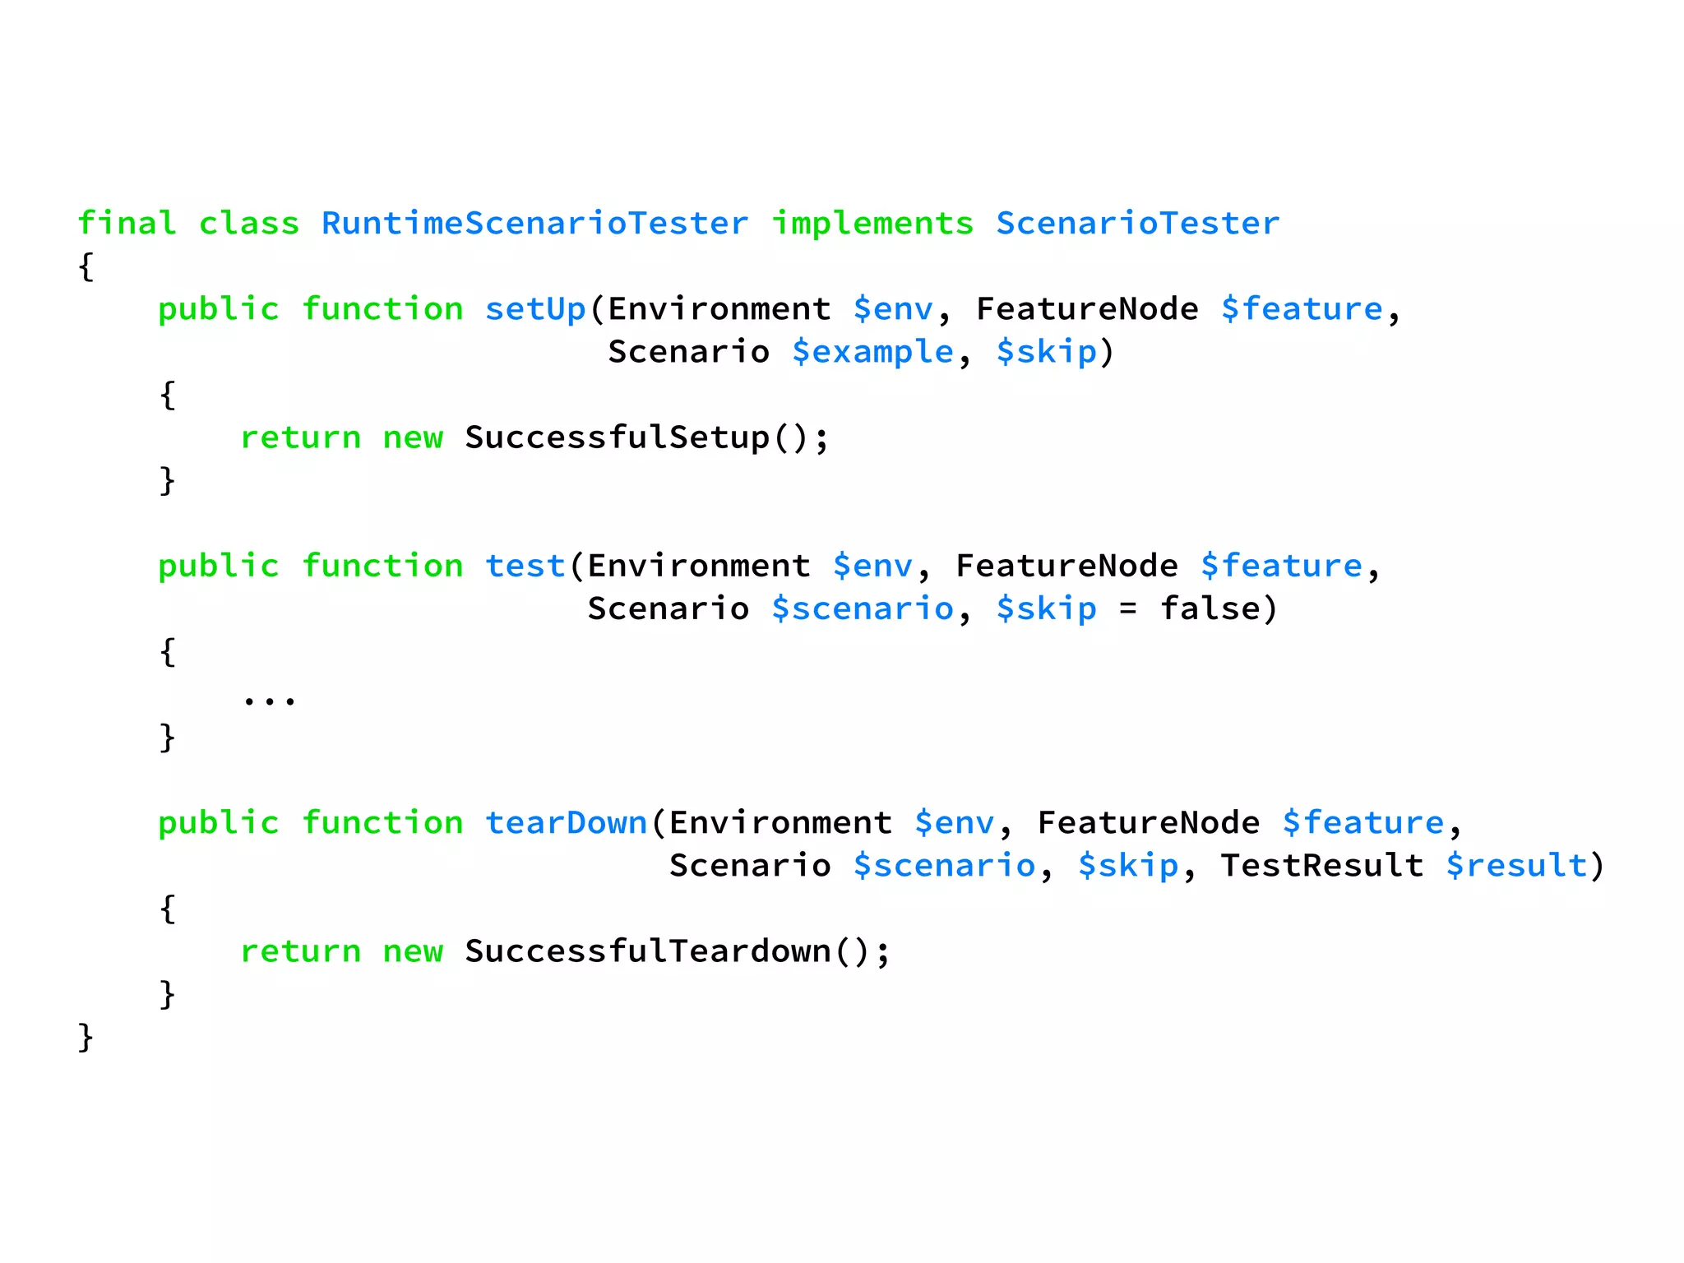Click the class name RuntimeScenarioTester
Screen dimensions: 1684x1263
click(x=534, y=224)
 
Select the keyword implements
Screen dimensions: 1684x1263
click(x=872, y=224)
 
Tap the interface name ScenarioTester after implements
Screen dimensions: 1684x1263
click(x=1138, y=224)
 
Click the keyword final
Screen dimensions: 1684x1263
click(x=127, y=224)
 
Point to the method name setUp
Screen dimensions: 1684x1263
click(x=534, y=309)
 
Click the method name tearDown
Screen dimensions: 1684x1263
click(x=566, y=823)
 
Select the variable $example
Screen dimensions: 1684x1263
click(x=872, y=353)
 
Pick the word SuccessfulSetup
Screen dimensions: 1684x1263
click(x=617, y=437)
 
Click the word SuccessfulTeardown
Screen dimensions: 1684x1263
click(x=648, y=951)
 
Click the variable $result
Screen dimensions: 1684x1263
click(x=1516, y=866)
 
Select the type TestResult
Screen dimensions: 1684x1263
click(x=1322, y=866)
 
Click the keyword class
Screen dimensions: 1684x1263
click(x=249, y=224)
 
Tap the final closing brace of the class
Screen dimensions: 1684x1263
click(x=86, y=1038)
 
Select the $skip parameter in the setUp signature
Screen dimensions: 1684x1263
click(x=1046, y=353)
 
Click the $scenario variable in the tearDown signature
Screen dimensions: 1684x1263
click(x=944, y=866)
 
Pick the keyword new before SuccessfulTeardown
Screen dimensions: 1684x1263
click(x=413, y=952)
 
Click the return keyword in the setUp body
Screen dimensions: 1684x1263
click(x=300, y=438)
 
